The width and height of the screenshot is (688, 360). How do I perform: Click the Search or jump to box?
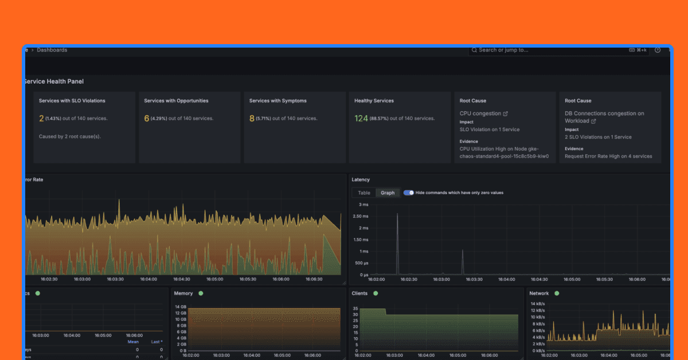(550, 50)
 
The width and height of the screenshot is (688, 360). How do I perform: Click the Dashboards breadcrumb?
(52, 50)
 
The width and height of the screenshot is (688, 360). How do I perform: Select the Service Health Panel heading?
(53, 81)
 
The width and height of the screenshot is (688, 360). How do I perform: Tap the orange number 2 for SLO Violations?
(41, 119)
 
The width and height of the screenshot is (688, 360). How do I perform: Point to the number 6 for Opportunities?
(147, 119)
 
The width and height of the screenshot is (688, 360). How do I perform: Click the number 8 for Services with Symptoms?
(252, 119)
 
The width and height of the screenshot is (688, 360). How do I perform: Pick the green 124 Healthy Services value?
(361, 119)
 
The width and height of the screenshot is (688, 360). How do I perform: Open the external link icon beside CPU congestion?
(505, 114)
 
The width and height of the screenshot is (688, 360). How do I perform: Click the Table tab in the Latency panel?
(364, 193)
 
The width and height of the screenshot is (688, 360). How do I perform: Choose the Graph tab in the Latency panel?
(388, 193)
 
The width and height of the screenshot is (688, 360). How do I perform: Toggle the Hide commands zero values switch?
(408, 193)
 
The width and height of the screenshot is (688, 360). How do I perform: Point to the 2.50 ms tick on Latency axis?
(361, 216)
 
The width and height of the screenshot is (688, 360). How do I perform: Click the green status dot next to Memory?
(201, 294)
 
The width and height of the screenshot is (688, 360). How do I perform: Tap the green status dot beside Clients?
(376, 294)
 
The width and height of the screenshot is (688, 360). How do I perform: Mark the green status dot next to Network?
(557, 294)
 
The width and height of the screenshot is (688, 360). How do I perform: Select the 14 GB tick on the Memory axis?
(180, 307)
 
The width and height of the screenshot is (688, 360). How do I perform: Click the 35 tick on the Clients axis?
(355, 308)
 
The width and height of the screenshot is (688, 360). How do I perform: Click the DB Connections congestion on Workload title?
(604, 117)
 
